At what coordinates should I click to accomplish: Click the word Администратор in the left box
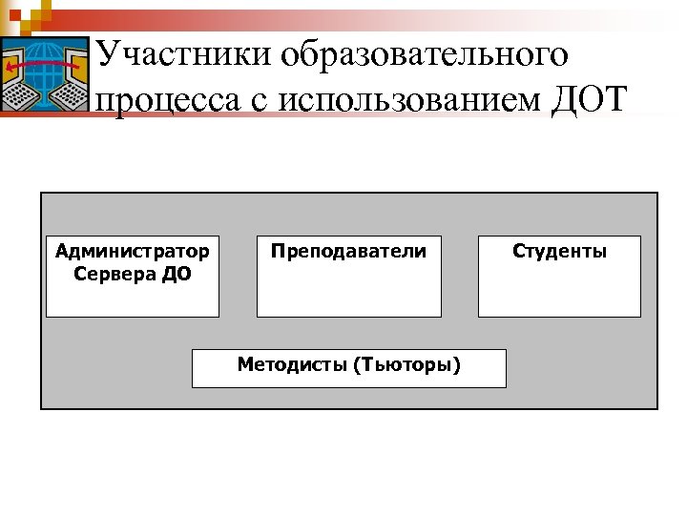point(133,252)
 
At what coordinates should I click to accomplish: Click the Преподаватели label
point(348,252)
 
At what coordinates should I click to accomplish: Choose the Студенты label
point(559,252)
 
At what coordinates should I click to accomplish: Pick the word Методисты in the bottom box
point(292,364)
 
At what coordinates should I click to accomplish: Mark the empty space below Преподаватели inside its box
point(348,291)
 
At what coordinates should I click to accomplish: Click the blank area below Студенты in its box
point(559,291)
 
